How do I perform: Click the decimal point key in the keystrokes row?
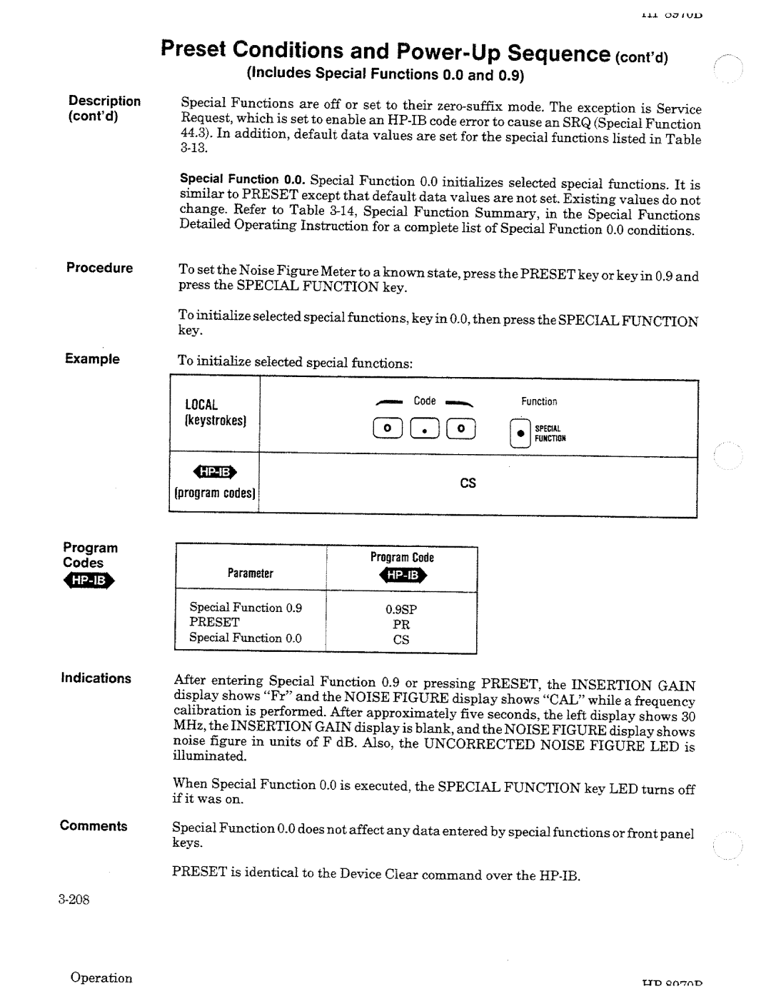click(426, 429)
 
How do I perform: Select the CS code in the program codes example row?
click(468, 483)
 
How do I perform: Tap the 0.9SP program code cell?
click(400, 609)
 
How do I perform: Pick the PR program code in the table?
click(401, 624)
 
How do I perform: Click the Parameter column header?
click(250, 573)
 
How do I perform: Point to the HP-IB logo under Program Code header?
click(402, 576)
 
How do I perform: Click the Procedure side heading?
click(99, 268)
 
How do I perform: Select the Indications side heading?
click(96, 678)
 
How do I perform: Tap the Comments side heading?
click(94, 826)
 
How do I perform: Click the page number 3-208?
click(74, 899)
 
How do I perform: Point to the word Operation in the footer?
click(101, 978)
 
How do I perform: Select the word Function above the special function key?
click(538, 402)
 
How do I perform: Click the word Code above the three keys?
click(425, 401)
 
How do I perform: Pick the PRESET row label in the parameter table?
click(214, 622)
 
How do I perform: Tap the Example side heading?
click(92, 359)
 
